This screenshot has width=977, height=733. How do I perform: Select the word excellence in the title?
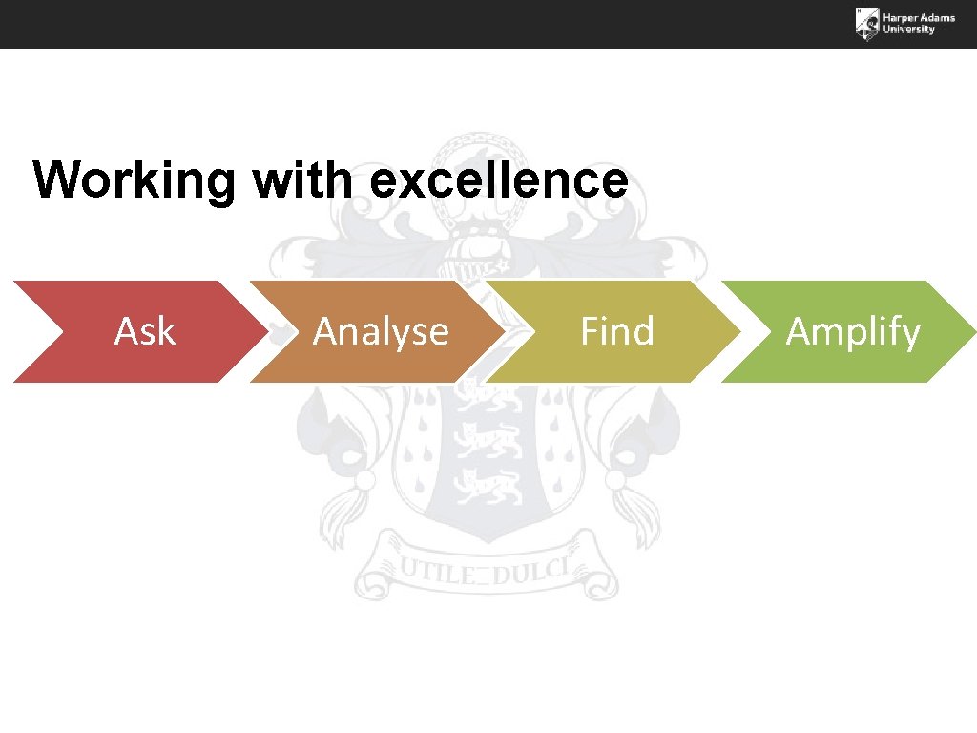click(498, 179)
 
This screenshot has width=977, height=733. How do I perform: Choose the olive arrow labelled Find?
click(616, 331)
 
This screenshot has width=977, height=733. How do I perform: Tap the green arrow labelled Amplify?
click(852, 331)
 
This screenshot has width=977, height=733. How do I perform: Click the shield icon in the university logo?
click(866, 24)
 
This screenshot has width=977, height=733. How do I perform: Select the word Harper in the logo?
click(900, 17)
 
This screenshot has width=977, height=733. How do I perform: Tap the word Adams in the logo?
click(938, 17)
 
